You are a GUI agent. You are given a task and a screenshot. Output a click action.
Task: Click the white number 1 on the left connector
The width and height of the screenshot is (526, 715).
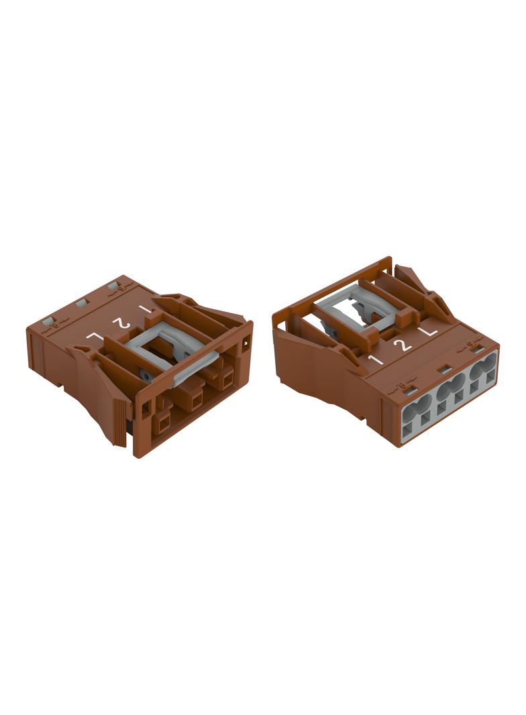click(x=145, y=309)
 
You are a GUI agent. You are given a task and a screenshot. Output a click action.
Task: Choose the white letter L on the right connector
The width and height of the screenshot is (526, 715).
click(x=428, y=331)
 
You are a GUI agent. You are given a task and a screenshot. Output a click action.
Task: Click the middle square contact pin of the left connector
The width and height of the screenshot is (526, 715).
click(x=196, y=401)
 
